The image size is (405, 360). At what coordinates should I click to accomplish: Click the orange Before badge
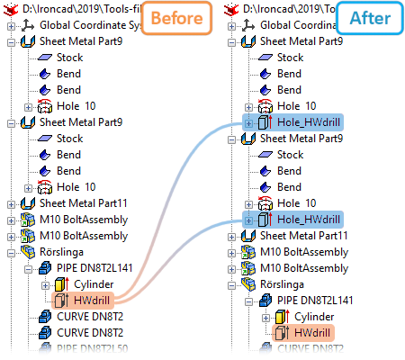(176, 18)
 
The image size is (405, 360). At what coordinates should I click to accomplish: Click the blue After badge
(370, 18)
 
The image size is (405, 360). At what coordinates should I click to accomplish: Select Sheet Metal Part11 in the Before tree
(84, 203)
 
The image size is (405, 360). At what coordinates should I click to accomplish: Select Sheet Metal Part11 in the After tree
(304, 236)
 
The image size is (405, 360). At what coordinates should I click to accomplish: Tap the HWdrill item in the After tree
(303, 333)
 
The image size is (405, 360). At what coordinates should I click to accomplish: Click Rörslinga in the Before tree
(61, 252)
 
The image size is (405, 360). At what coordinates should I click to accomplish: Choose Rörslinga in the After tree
(282, 284)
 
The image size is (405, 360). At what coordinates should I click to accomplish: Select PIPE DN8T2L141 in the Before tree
(94, 268)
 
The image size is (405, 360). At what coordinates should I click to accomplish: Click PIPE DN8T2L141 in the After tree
(315, 301)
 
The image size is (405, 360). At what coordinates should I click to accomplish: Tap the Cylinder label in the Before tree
(94, 284)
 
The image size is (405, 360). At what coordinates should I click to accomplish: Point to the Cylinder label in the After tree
(314, 317)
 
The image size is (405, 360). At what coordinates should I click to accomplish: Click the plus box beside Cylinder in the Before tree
(45, 285)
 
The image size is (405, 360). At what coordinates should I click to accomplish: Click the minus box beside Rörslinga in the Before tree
(11, 253)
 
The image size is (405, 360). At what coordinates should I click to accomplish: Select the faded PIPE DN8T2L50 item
(92, 348)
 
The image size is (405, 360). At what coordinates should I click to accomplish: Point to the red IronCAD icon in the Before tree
(11, 9)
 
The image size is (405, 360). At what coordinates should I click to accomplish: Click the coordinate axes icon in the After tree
(248, 25)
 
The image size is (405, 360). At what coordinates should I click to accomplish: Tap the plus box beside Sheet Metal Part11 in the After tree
(231, 237)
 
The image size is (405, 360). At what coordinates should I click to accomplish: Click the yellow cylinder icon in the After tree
(281, 317)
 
